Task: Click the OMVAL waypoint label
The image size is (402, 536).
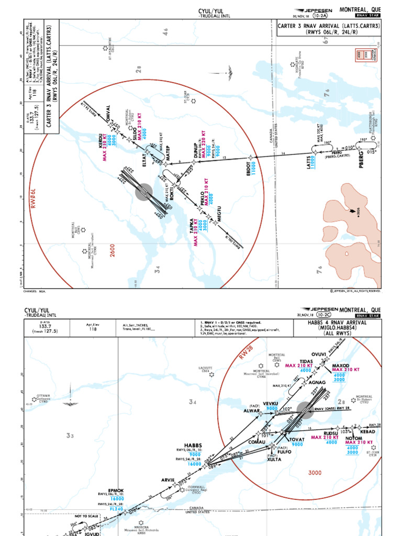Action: pyautogui.click(x=109, y=114)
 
